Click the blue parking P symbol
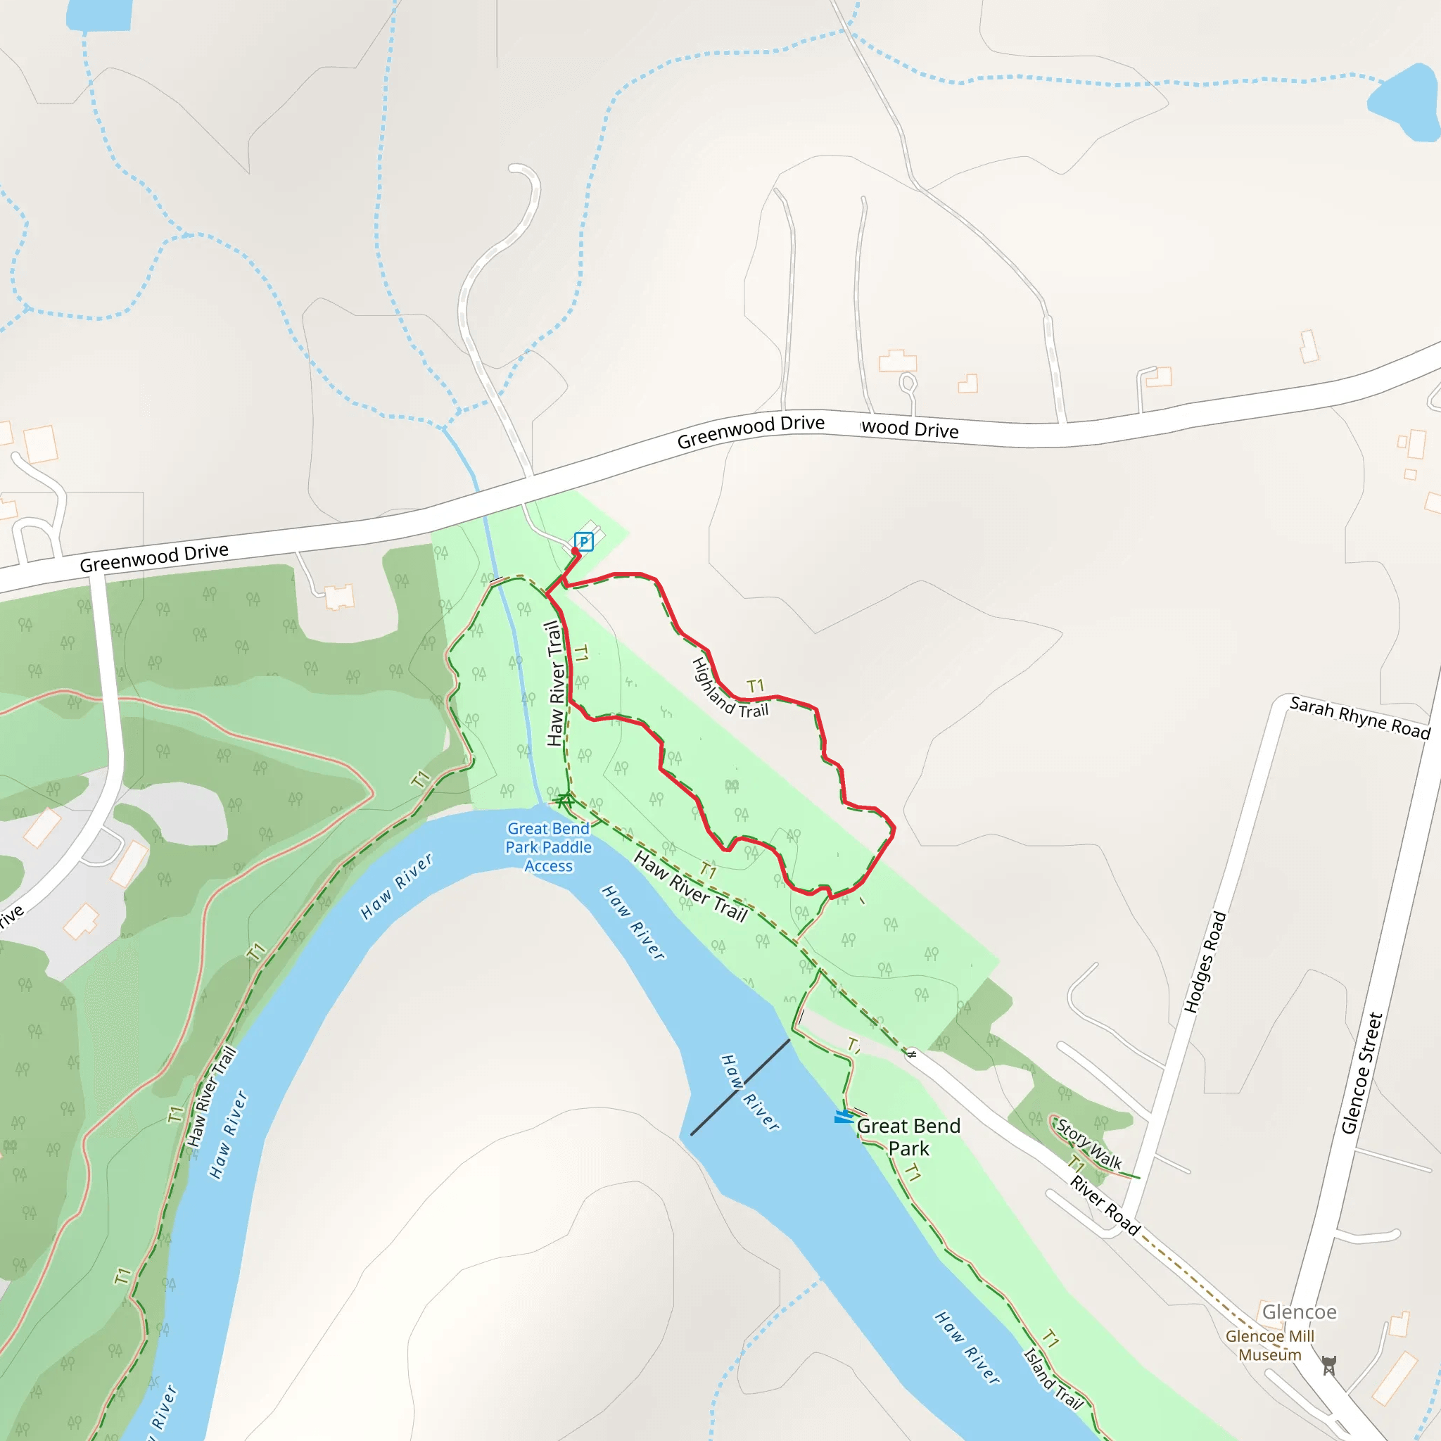click(x=583, y=542)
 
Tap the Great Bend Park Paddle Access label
click(x=548, y=847)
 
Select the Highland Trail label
click(x=730, y=688)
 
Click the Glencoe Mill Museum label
click(x=1269, y=1345)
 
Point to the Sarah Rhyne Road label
click(x=1359, y=717)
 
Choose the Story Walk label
click(x=1089, y=1144)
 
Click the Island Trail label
click(x=1053, y=1378)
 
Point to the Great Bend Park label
click(x=908, y=1138)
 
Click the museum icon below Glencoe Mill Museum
click(x=1328, y=1366)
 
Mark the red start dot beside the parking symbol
click(x=575, y=551)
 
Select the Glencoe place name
click(x=1299, y=1312)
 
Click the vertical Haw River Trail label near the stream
click(x=555, y=684)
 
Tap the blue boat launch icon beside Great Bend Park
click(x=844, y=1117)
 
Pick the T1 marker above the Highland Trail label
click(x=756, y=685)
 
